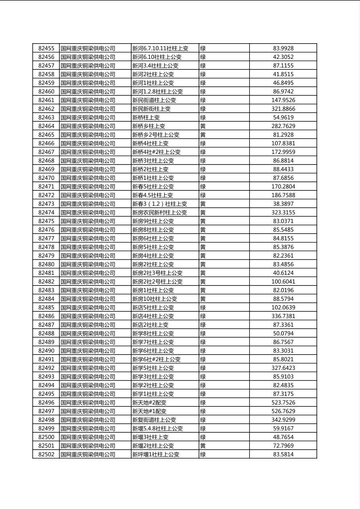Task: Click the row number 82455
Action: [x=46, y=48]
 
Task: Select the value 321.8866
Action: [x=283, y=109]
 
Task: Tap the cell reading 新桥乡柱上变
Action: [x=149, y=126]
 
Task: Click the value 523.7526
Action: [x=283, y=403]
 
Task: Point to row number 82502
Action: [x=46, y=455]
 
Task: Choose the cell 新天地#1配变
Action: [x=149, y=411]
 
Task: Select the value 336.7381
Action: [x=283, y=316]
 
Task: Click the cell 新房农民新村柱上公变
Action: [x=160, y=213]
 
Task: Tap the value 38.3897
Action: [x=283, y=204]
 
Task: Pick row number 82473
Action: [x=46, y=204]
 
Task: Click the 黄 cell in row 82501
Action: [x=203, y=446]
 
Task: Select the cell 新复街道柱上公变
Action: [x=154, y=420]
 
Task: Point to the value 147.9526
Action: [x=283, y=100]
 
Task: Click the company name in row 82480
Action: [x=88, y=265]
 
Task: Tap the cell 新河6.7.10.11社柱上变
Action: [x=160, y=48]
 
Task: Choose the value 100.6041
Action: [x=283, y=282]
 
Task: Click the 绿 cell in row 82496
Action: [x=203, y=403]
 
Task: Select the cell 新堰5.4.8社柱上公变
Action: [x=158, y=429]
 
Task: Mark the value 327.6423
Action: [x=283, y=368]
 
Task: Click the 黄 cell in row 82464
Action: [x=203, y=126]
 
